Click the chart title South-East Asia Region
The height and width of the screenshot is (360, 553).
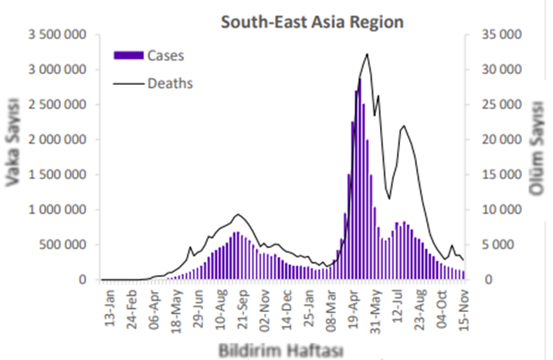click(312, 22)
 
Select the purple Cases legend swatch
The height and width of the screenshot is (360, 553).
click(128, 56)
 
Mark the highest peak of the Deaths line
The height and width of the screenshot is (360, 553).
click(367, 54)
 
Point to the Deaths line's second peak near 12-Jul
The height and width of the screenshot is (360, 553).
click(403, 126)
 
